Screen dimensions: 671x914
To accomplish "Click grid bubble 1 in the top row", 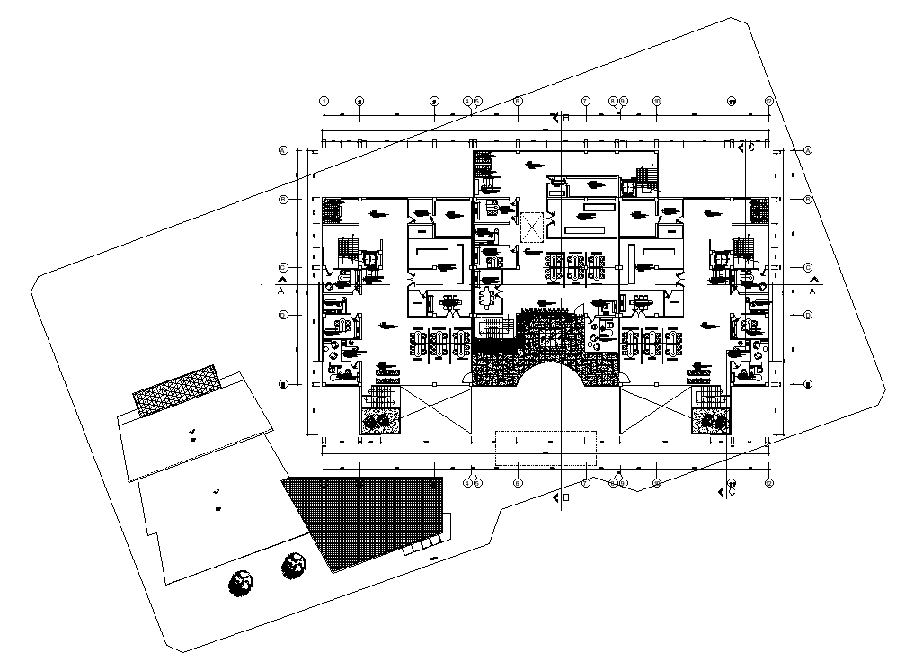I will (x=323, y=102).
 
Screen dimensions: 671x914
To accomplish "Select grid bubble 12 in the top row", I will (x=768, y=102).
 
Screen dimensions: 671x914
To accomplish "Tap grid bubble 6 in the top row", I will (x=518, y=102).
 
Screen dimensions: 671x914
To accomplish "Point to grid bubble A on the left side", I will (x=282, y=150).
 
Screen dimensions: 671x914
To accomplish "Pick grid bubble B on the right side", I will (x=808, y=199).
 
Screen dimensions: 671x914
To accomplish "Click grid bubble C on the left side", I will (x=282, y=267).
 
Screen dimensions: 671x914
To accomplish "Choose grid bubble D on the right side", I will (x=808, y=315).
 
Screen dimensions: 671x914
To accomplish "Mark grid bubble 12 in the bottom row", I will (x=768, y=483).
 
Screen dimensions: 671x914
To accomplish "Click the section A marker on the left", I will (x=281, y=290).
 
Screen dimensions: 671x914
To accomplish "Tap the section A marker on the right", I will (x=812, y=290).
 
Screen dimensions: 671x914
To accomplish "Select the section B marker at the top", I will (x=562, y=118).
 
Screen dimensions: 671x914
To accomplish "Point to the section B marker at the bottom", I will (x=562, y=497).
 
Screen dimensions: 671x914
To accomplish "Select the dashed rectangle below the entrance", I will (x=546, y=448).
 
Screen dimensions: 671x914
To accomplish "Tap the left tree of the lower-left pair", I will (x=240, y=584).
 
